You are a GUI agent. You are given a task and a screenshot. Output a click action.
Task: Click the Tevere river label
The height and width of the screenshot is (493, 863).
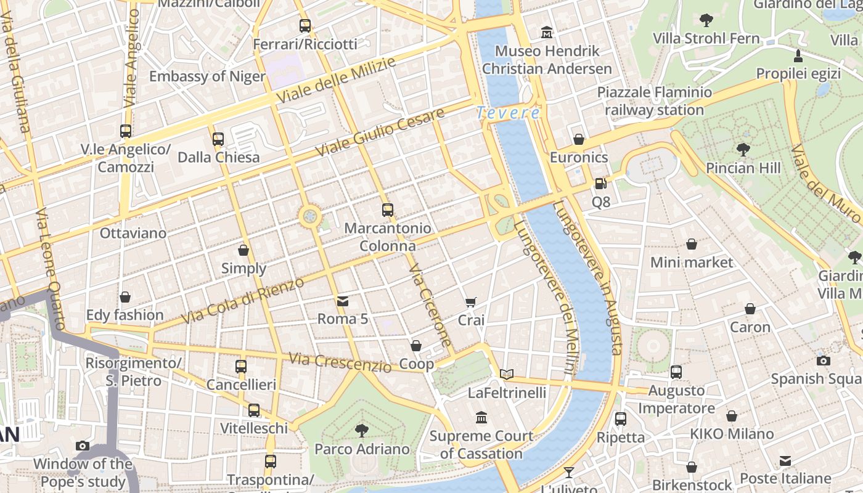pyautogui.click(x=509, y=113)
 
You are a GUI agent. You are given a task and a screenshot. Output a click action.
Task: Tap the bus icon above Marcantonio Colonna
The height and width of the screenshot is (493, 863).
pyautogui.click(x=387, y=210)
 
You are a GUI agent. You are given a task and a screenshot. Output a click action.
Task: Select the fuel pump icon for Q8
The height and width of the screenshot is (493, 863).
pyautogui.click(x=600, y=184)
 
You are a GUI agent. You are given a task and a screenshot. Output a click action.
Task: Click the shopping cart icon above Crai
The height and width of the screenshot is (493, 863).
pyautogui.click(x=471, y=302)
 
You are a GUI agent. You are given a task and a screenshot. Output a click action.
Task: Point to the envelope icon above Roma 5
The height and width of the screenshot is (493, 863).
pyautogui.click(x=343, y=301)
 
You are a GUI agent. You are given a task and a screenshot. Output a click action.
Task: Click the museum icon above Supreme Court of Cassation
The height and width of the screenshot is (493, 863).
pyautogui.click(x=481, y=418)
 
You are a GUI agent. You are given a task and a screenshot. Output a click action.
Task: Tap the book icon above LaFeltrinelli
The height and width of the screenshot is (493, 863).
pyautogui.click(x=507, y=374)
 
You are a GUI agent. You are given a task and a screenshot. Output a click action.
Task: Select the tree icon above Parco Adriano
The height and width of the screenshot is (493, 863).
pyautogui.click(x=362, y=430)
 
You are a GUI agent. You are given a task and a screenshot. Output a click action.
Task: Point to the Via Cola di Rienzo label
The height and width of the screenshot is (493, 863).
pyautogui.click(x=243, y=301)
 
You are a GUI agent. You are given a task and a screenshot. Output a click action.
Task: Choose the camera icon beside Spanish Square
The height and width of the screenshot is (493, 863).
pyautogui.click(x=823, y=361)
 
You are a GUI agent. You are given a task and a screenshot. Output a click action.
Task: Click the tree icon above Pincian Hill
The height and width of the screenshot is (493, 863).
pyautogui.click(x=743, y=149)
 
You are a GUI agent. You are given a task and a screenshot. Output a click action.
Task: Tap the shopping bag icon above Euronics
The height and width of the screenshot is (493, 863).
pyautogui.click(x=578, y=139)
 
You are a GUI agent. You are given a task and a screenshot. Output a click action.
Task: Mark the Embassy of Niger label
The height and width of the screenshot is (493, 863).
pyautogui.click(x=207, y=77)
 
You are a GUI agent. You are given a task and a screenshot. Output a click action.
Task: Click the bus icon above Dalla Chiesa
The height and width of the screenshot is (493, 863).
pyautogui.click(x=218, y=139)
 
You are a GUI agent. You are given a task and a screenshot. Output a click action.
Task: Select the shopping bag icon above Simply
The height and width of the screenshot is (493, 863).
pyautogui.click(x=243, y=250)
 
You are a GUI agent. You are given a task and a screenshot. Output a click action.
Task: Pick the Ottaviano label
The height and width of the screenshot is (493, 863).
pyautogui.click(x=133, y=234)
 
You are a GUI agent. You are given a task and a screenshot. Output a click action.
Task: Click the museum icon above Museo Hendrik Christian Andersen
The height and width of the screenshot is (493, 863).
pyautogui.click(x=547, y=32)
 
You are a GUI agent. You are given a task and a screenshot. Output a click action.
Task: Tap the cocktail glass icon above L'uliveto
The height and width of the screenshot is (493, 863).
pyautogui.click(x=568, y=473)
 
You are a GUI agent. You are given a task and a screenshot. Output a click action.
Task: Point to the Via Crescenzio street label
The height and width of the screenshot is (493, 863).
pyautogui.click(x=340, y=362)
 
